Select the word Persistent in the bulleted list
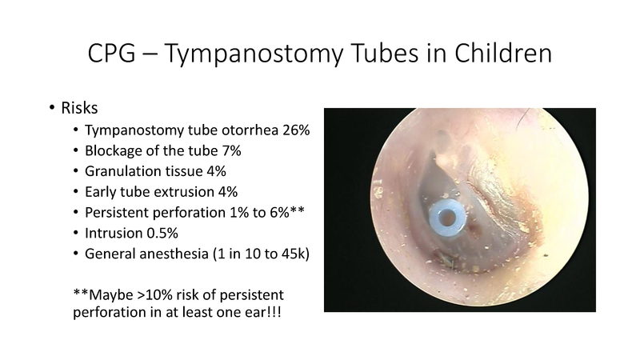click(x=117, y=213)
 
